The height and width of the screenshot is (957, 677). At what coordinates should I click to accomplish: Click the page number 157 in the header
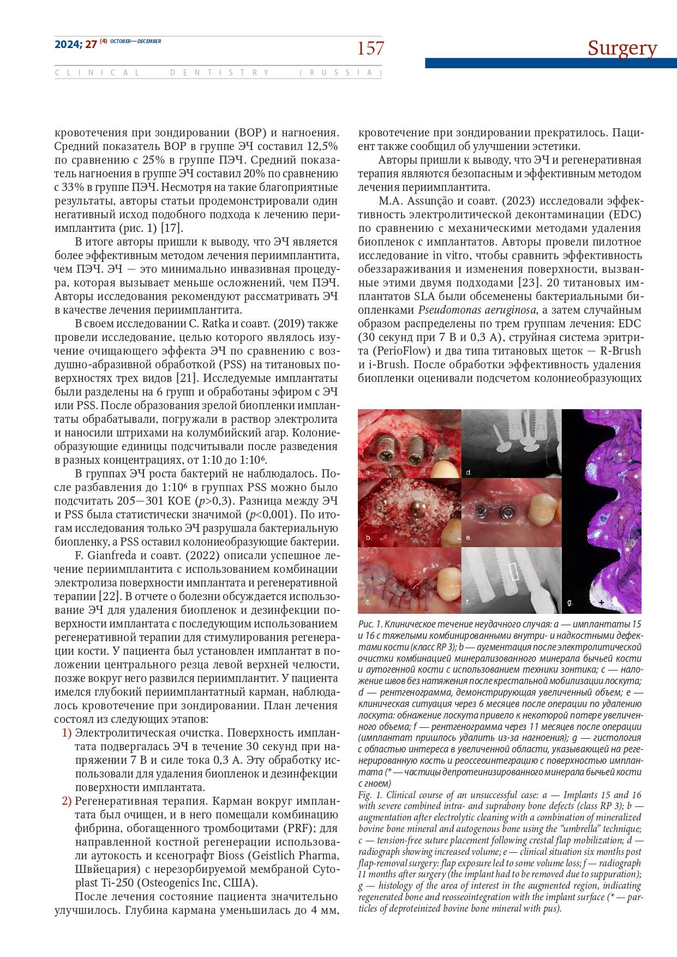click(370, 49)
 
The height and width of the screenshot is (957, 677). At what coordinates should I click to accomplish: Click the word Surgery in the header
click(622, 49)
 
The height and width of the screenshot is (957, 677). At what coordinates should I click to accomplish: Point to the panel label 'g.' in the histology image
click(571, 602)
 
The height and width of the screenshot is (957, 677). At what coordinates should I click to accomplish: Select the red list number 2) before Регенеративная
click(67, 801)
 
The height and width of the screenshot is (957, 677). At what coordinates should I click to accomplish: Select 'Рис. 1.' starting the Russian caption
click(370, 624)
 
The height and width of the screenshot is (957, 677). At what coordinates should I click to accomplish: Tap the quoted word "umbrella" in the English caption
click(583, 829)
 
